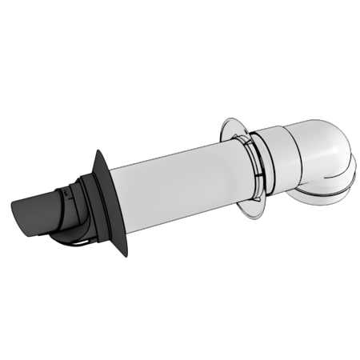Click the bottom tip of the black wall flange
coord(124,254)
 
